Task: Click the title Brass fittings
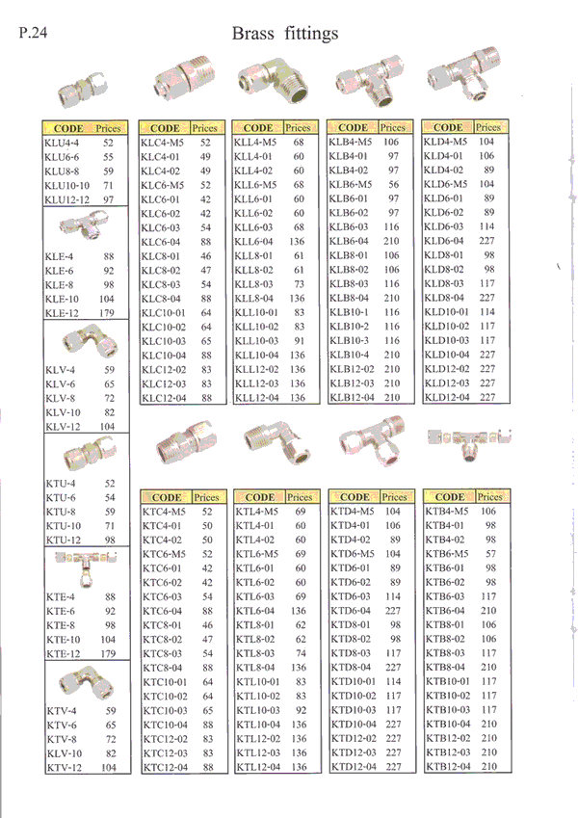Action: (285, 35)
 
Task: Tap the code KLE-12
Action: (62, 313)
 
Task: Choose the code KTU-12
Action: (64, 541)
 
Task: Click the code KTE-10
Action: (64, 639)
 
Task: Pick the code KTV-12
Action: (64, 768)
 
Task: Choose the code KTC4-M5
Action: (164, 512)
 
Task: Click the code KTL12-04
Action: (258, 767)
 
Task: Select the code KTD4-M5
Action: (353, 512)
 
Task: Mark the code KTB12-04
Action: (449, 767)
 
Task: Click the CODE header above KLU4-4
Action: (68, 127)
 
